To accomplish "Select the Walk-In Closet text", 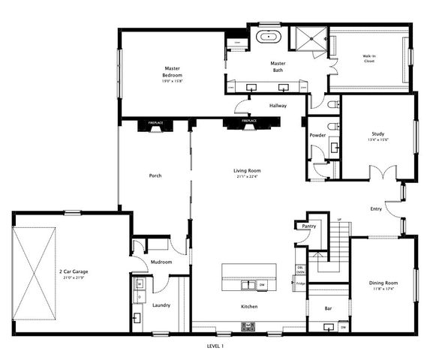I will point(368,58).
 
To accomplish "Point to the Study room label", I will point(377,136).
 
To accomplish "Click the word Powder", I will point(317,135).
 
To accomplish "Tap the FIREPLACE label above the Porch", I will point(155,121).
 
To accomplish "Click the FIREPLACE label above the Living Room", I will point(250,121).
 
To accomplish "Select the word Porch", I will point(155,175).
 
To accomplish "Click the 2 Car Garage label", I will point(77,274).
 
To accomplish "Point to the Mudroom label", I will point(161,262).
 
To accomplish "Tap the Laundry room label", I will point(161,305).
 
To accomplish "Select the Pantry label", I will point(308,226).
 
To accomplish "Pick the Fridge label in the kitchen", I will point(300,283).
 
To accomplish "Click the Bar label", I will point(328,308).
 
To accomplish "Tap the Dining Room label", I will point(383,284).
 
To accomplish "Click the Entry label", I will point(376,209).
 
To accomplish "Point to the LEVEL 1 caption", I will point(215,346).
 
